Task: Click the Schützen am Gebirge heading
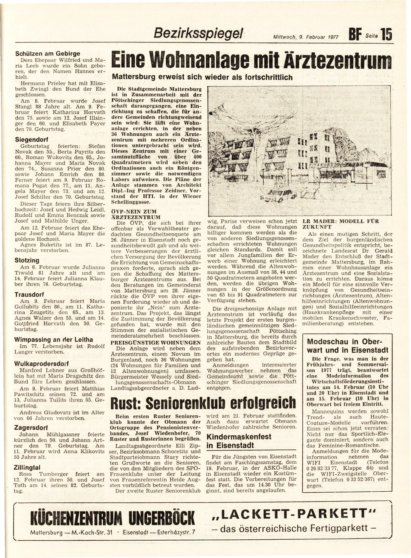coord(48,53)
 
